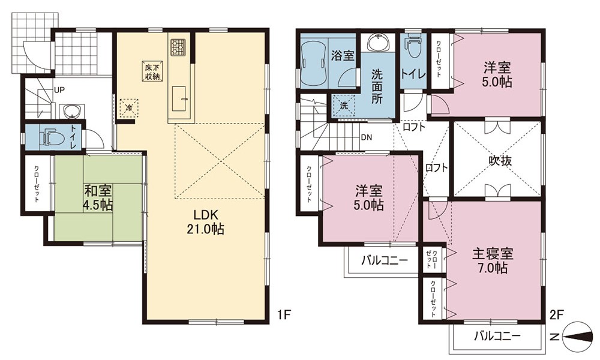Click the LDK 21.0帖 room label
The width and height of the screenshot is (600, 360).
[205, 221]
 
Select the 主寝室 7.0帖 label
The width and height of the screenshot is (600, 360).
[493, 260]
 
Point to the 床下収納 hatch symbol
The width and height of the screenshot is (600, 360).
[152, 71]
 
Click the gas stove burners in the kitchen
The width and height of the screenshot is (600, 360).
[178, 48]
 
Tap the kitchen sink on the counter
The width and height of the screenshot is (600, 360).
[179, 99]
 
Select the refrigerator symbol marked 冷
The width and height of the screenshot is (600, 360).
[129, 107]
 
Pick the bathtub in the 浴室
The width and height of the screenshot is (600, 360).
[314, 64]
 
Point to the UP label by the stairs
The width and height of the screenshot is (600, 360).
[59, 90]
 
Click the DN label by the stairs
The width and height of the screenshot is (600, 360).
[367, 137]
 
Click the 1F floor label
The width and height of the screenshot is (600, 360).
[284, 315]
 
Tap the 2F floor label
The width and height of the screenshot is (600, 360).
[556, 315]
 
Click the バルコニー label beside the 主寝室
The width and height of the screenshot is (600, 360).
[498, 336]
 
